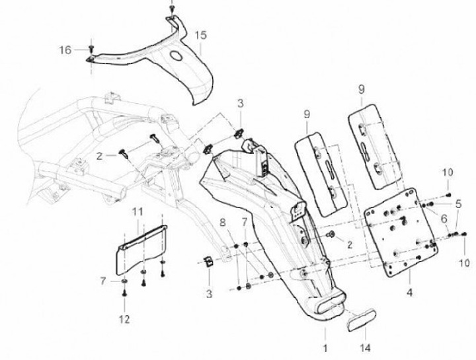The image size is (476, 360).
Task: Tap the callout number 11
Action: coord(137,211)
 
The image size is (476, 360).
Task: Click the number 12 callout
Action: coord(125,320)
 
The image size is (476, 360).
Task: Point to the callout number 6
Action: coord(444,219)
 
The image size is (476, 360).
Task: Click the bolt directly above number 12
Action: coord(125,298)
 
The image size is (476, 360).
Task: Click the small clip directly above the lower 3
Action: coord(206,262)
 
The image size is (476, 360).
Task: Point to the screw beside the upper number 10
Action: coord(449,195)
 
